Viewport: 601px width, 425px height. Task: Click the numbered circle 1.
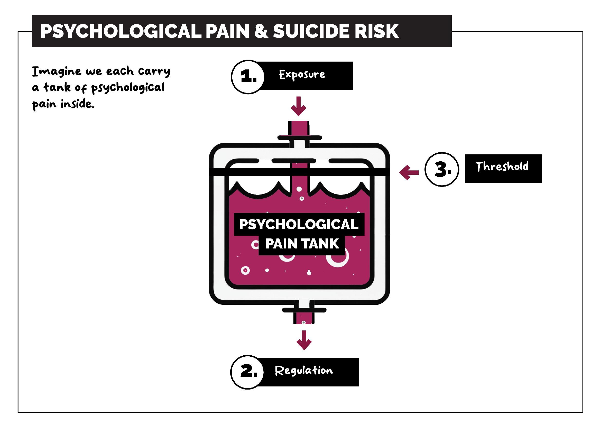(x=248, y=77)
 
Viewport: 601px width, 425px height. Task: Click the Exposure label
(x=302, y=75)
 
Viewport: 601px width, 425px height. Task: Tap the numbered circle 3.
(x=442, y=169)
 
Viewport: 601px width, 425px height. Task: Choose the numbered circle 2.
(x=247, y=372)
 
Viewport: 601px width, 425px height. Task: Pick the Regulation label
(x=304, y=371)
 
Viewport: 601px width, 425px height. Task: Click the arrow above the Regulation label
(x=304, y=340)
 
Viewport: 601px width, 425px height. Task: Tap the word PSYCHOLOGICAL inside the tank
(x=299, y=224)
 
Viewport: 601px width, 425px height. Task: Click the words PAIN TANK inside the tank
(x=302, y=244)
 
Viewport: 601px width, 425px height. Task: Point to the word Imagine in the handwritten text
(x=57, y=72)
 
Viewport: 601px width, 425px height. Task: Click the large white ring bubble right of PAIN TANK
(x=338, y=257)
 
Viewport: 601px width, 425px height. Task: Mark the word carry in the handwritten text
(x=154, y=71)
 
